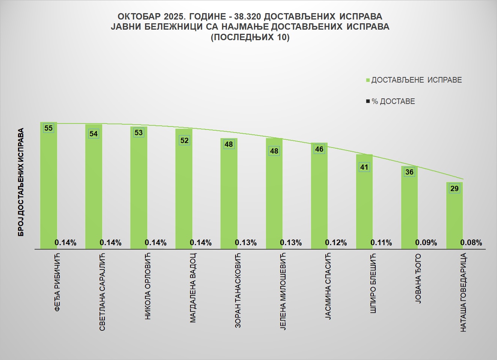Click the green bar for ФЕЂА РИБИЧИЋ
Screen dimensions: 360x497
point(48,188)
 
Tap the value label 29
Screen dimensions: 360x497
point(455,188)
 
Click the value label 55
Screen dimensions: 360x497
point(48,128)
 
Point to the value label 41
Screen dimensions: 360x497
point(364,167)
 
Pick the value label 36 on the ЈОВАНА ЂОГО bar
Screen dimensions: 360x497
point(409,172)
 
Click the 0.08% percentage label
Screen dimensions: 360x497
point(471,243)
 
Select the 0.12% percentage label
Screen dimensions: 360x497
point(336,243)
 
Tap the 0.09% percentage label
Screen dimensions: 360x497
point(426,243)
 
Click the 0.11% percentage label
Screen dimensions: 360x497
point(381,243)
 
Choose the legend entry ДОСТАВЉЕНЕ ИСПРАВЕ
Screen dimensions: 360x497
point(416,80)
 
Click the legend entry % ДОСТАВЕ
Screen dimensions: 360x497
point(393,101)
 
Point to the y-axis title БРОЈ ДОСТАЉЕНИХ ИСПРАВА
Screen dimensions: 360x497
point(21,182)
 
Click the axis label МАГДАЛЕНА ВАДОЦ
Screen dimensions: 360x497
point(193,288)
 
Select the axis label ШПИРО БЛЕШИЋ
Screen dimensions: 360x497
point(373,283)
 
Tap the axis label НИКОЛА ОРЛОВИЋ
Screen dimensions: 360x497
point(148,286)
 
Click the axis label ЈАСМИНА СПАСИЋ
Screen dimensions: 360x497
point(328,286)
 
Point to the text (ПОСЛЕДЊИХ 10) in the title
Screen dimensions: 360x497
point(250,37)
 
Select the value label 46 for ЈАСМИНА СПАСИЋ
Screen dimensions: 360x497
point(319,149)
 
